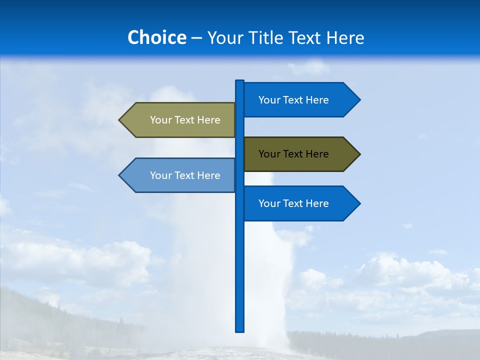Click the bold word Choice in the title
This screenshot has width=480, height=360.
pyautogui.click(x=156, y=38)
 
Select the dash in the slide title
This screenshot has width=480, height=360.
pyautogui.click(x=196, y=38)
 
